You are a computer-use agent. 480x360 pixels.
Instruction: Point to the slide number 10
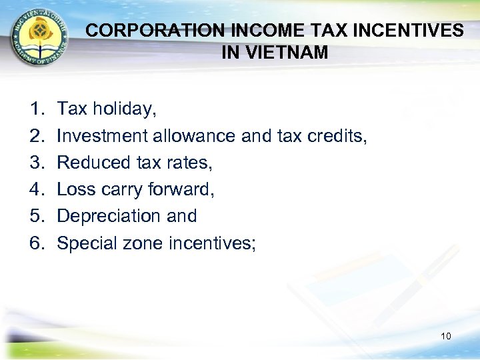pyautogui.click(x=446, y=336)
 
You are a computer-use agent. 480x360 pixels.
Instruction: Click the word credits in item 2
pyautogui.click(x=337, y=136)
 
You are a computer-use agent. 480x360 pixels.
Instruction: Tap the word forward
pyautogui.click(x=181, y=189)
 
